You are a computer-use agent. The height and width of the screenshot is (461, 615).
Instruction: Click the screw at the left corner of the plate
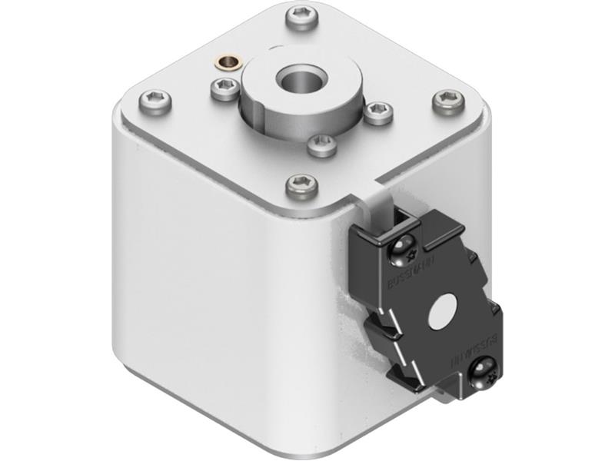[155, 101]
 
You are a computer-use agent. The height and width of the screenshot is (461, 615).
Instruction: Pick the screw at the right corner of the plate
[448, 101]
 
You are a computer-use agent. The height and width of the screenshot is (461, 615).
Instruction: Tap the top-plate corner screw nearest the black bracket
[301, 184]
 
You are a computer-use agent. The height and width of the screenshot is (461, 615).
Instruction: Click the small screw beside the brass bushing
[225, 90]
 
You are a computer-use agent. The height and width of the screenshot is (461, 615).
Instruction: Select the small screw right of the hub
[377, 112]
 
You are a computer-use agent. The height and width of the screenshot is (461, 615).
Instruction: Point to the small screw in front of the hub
[321, 144]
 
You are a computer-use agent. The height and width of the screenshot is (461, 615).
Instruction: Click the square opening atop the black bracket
[401, 224]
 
